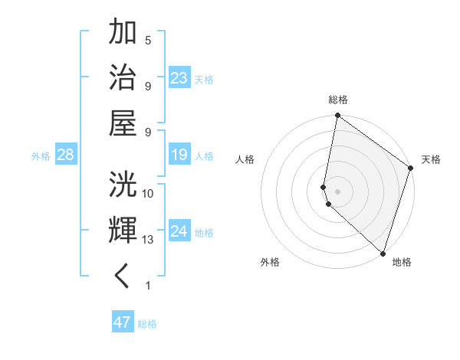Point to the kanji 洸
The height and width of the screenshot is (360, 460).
(123, 185)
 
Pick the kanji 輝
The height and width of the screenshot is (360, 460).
(123, 230)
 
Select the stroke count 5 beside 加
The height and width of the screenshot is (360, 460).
(148, 40)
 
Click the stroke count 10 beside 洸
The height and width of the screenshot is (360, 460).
(148, 193)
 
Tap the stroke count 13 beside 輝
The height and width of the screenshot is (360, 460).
(148, 240)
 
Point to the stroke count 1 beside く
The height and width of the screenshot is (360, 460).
(148, 286)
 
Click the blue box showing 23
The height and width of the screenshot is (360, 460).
(179, 77)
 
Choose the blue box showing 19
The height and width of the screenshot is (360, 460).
(179, 155)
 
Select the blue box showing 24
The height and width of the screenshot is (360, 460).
(179, 231)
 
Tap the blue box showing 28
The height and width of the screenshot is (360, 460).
(65, 155)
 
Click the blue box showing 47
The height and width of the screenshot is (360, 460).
(122, 322)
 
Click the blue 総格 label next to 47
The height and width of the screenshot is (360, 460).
(147, 324)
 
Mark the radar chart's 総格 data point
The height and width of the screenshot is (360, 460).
(337, 116)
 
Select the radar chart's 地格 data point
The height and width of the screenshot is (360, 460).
(383, 253)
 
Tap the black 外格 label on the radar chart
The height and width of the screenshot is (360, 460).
(270, 262)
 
